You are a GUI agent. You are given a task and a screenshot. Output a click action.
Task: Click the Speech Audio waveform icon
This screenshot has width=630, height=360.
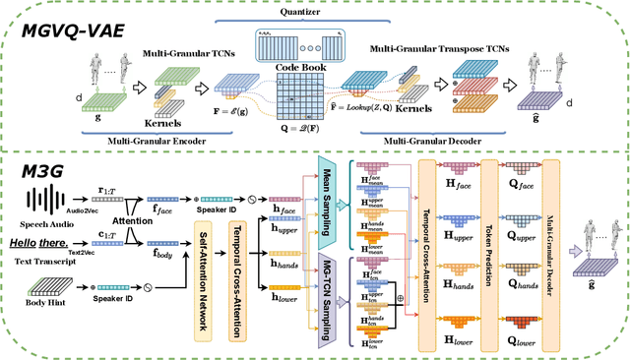[x=45, y=203]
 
